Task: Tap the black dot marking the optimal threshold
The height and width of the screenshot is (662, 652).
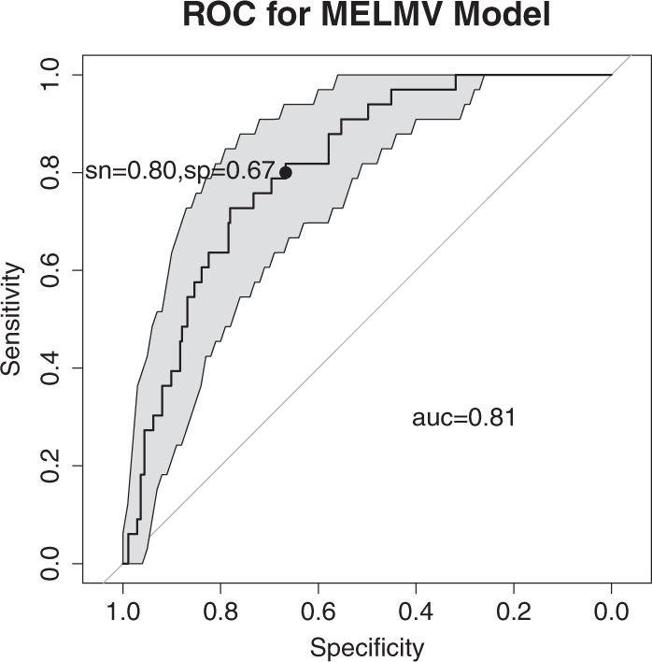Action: tap(286, 172)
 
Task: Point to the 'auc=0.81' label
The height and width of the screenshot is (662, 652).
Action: tap(464, 417)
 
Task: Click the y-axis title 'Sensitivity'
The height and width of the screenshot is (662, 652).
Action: tap(13, 319)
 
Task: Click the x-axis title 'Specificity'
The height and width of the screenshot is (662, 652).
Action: tap(366, 646)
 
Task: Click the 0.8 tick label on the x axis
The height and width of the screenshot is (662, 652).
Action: tap(220, 612)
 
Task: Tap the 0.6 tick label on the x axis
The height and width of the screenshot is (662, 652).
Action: tap(318, 612)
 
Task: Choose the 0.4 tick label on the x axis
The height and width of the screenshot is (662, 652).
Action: tap(416, 612)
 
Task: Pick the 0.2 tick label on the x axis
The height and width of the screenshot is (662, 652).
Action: tap(513, 612)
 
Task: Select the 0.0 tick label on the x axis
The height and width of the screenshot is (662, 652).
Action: tap(611, 612)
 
